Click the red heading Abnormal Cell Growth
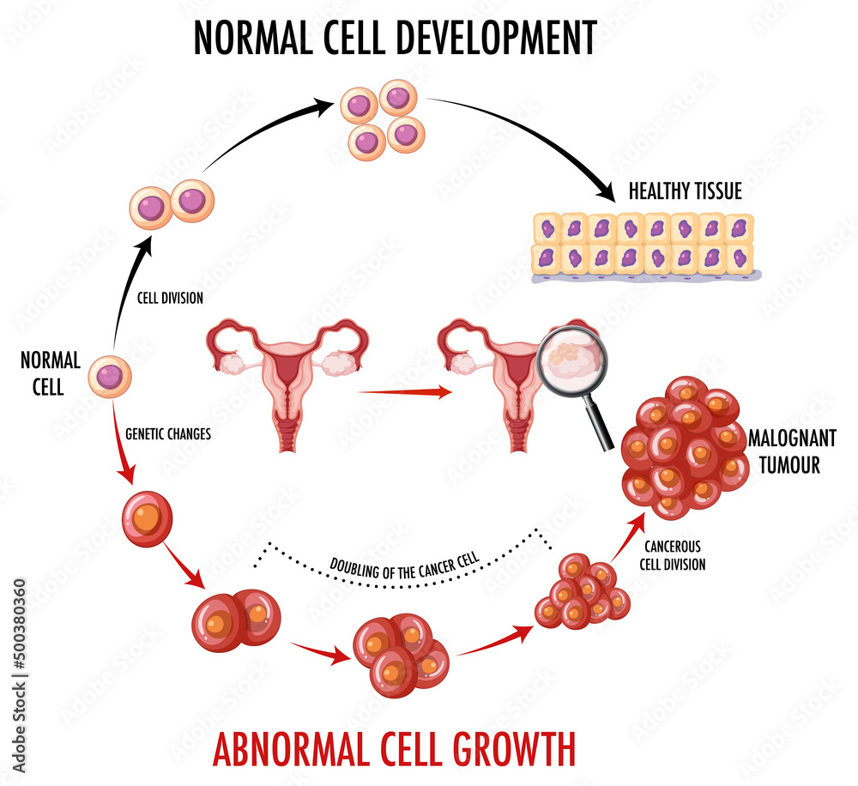[x=394, y=747]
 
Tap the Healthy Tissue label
[x=685, y=190]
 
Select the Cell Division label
[x=170, y=299]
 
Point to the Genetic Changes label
[x=168, y=434]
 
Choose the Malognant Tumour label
[x=791, y=451]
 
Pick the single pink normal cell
[x=110, y=376]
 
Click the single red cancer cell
[x=148, y=519]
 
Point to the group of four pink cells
[x=383, y=119]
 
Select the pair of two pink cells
[x=172, y=204]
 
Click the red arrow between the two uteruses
[x=403, y=392]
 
